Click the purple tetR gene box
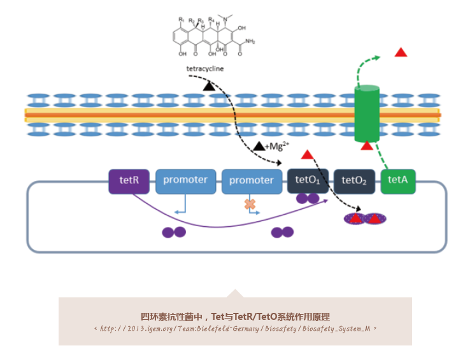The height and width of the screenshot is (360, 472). coord(129,181)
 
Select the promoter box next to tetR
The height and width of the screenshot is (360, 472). coord(185,181)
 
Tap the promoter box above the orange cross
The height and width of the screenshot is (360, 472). coord(252,181)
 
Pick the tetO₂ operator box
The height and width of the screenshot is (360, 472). coord(355,181)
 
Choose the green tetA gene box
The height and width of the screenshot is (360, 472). coord(398,181)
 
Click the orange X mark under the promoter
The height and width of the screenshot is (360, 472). coord(250,205)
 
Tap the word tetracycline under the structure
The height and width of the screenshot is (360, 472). coord(204,68)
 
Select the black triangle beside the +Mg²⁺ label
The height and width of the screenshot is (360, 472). coord(259,147)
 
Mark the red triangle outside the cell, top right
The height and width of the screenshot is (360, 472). coord(401,52)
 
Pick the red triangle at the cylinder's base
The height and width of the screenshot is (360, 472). coord(368,146)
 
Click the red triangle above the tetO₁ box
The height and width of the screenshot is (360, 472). coord(307,154)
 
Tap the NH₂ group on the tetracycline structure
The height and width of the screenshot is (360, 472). coord(249,42)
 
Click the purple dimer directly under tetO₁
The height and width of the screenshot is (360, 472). coord(308,199)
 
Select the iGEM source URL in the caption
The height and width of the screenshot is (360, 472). coord(235,329)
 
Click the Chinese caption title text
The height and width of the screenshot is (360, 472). coord(235,316)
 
